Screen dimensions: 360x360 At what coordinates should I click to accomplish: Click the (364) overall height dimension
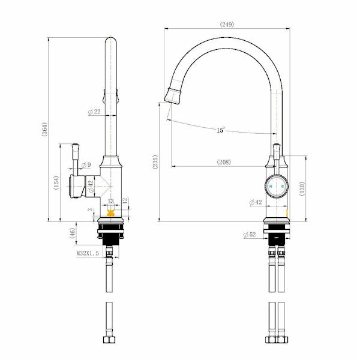tap(44, 130)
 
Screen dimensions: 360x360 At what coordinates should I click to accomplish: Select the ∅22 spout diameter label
tap(94, 112)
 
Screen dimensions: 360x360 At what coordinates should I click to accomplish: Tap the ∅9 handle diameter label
tap(85, 164)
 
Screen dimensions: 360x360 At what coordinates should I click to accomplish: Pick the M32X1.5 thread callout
tap(88, 254)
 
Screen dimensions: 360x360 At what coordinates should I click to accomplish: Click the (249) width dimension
tap(227, 24)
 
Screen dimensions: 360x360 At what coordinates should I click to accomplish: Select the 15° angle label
tap(221, 130)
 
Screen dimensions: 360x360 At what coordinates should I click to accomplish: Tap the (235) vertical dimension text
tap(155, 163)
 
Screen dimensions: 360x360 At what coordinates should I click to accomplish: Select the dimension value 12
tap(125, 200)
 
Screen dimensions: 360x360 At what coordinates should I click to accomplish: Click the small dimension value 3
tap(90, 209)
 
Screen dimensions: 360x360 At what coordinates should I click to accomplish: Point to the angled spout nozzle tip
tap(170, 94)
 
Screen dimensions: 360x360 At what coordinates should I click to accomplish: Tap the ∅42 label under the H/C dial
tap(255, 202)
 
